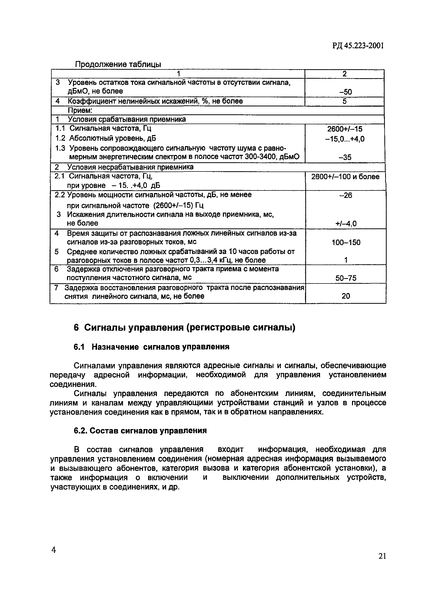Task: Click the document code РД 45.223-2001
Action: (358, 46)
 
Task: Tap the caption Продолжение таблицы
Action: (118, 64)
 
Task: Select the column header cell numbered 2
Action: (344, 74)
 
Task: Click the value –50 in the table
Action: (346, 92)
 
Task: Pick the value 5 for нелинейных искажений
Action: (344, 101)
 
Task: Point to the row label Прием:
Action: (80, 110)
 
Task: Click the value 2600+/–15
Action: (345, 129)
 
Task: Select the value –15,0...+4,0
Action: (345, 139)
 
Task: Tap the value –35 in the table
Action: (345, 158)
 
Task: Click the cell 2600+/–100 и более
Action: (345, 177)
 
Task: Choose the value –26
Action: (346, 195)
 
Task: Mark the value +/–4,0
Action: (346, 224)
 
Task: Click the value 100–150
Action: (346, 242)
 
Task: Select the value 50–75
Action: (346, 278)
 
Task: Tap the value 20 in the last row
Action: (346, 296)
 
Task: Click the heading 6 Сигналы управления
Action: (184, 328)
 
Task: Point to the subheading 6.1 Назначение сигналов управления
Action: (151, 347)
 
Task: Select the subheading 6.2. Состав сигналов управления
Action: (140, 431)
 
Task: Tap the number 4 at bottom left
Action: (53, 550)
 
